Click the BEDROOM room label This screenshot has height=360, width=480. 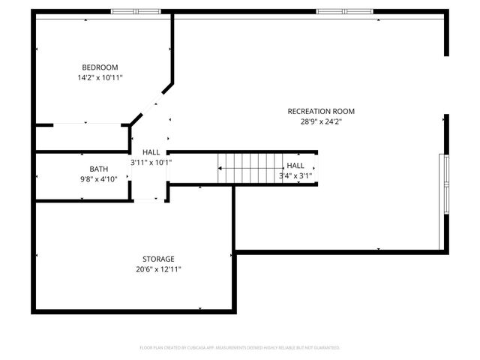click(100, 67)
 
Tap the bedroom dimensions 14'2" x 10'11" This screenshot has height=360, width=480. click(100, 77)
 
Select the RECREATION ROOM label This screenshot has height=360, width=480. click(321, 111)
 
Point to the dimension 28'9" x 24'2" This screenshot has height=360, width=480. click(321, 121)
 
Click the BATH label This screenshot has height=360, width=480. click(99, 169)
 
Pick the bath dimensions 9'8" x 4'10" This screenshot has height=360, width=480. click(99, 178)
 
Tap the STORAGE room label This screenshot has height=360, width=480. click(158, 259)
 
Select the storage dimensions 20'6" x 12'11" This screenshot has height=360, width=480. click(158, 268)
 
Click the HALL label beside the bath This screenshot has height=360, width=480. click(151, 152)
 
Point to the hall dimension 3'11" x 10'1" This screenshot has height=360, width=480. click(151, 162)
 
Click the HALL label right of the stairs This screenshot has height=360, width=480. click(295, 166)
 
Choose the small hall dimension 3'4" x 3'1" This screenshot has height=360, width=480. click(295, 175)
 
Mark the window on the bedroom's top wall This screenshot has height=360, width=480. click(136, 11)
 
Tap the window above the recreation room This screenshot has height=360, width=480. click(344, 11)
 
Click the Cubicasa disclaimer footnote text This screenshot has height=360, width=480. click(240, 348)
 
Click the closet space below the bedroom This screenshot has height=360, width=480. click(81, 136)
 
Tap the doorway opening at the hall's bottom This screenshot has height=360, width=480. click(148, 200)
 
